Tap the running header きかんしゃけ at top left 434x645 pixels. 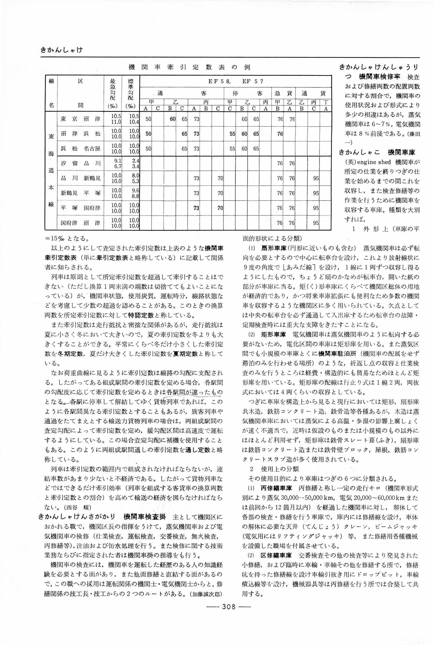coord(61,50)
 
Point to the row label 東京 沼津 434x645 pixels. coord(80,119)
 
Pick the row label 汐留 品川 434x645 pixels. coord(80,163)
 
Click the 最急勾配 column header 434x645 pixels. coord(113,89)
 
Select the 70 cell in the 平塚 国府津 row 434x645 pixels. coord(220,208)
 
